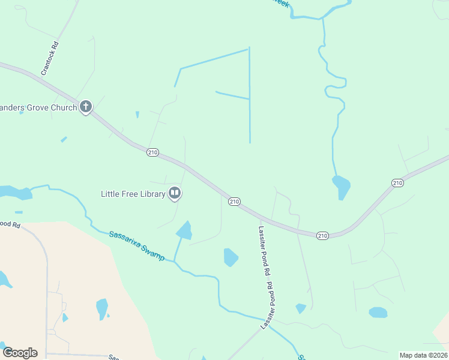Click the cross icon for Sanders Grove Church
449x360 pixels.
(x=85, y=107)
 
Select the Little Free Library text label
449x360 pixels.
(x=132, y=194)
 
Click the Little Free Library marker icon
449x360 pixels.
(x=175, y=193)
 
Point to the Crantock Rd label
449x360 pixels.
(x=50, y=58)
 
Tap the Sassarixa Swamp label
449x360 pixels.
(x=137, y=245)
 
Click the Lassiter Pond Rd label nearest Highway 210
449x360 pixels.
(x=265, y=251)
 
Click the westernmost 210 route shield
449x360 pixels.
(x=152, y=153)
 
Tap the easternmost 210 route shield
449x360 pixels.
(x=397, y=182)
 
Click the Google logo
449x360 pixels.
(x=20, y=352)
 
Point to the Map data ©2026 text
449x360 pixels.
(x=423, y=355)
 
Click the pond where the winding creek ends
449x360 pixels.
(x=341, y=185)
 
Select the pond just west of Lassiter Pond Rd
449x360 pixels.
(x=231, y=257)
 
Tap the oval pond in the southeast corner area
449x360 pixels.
(x=378, y=312)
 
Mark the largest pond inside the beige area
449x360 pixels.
(x=102, y=308)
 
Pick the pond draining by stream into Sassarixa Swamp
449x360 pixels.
(x=184, y=230)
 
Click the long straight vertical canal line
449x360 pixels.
(x=249, y=96)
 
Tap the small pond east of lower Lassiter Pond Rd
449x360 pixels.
(x=301, y=308)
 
